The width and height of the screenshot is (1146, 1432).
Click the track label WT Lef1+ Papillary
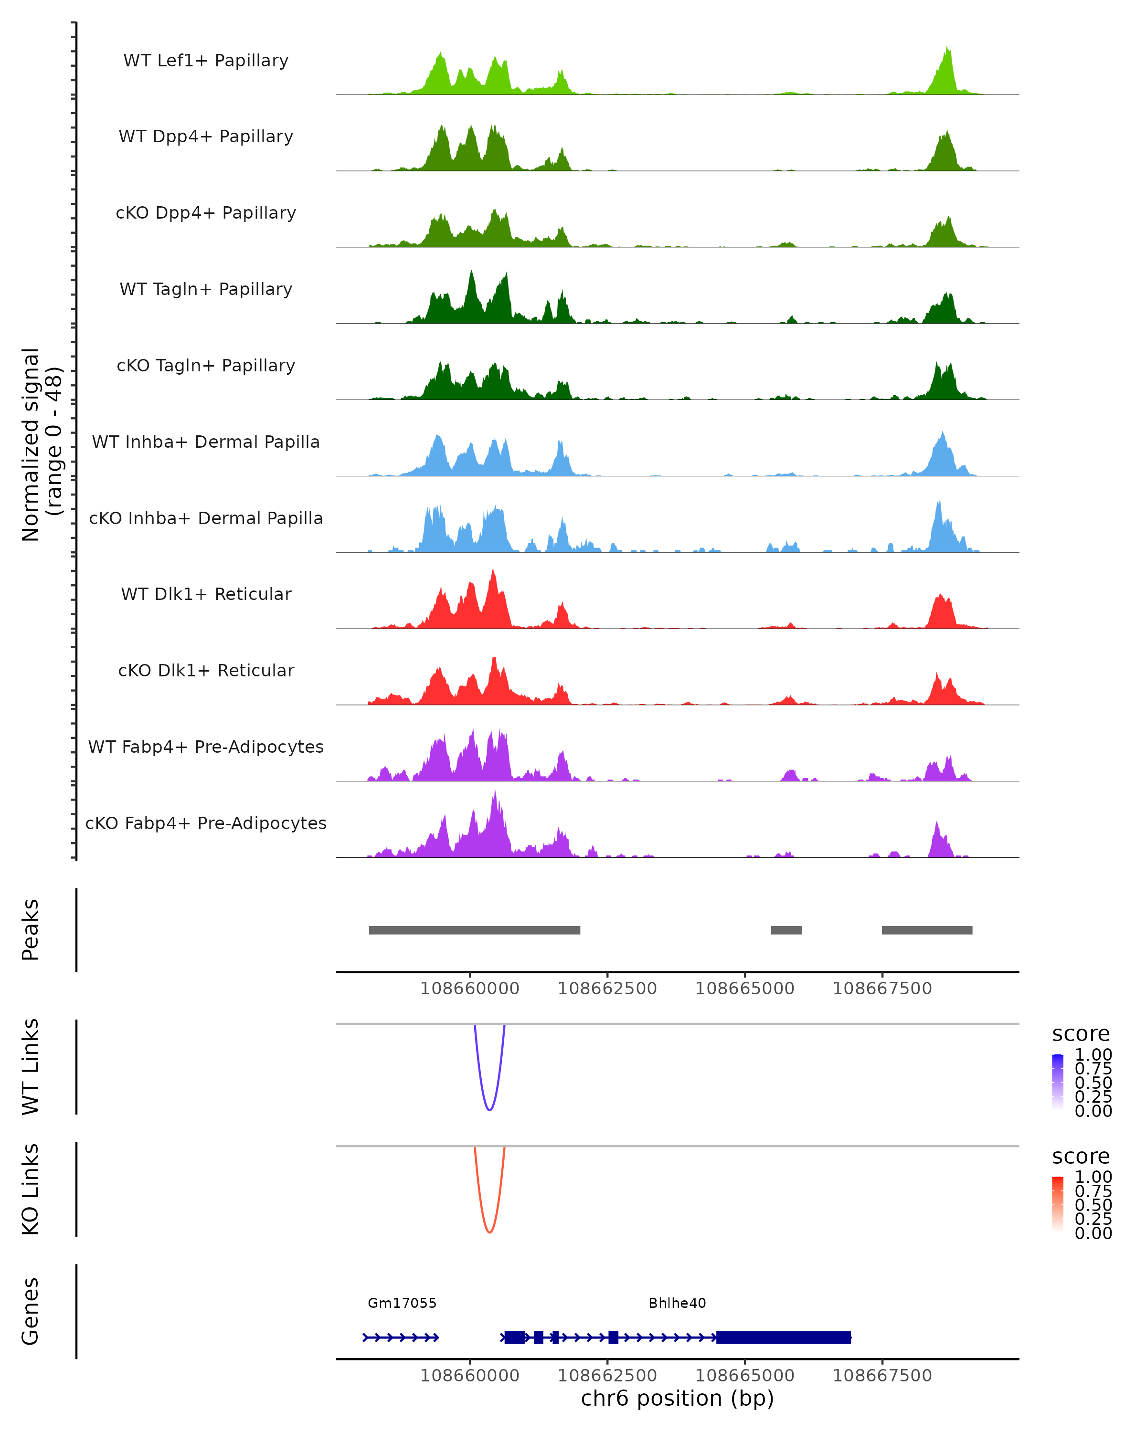(x=206, y=61)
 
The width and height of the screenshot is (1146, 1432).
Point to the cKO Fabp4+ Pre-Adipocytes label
(x=206, y=823)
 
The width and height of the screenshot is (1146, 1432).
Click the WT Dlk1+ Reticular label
(x=206, y=594)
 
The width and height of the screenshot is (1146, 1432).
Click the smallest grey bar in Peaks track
(x=786, y=930)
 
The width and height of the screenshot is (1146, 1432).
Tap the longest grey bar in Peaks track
(x=474, y=930)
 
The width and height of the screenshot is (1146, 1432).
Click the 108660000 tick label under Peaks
(x=470, y=989)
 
